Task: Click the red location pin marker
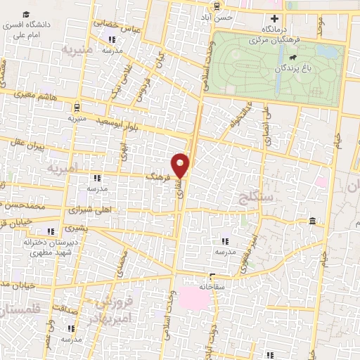tap(181, 165)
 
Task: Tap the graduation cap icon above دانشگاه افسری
tap(26, 14)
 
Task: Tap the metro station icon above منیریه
tap(76, 108)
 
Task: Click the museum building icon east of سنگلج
tap(311, 222)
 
